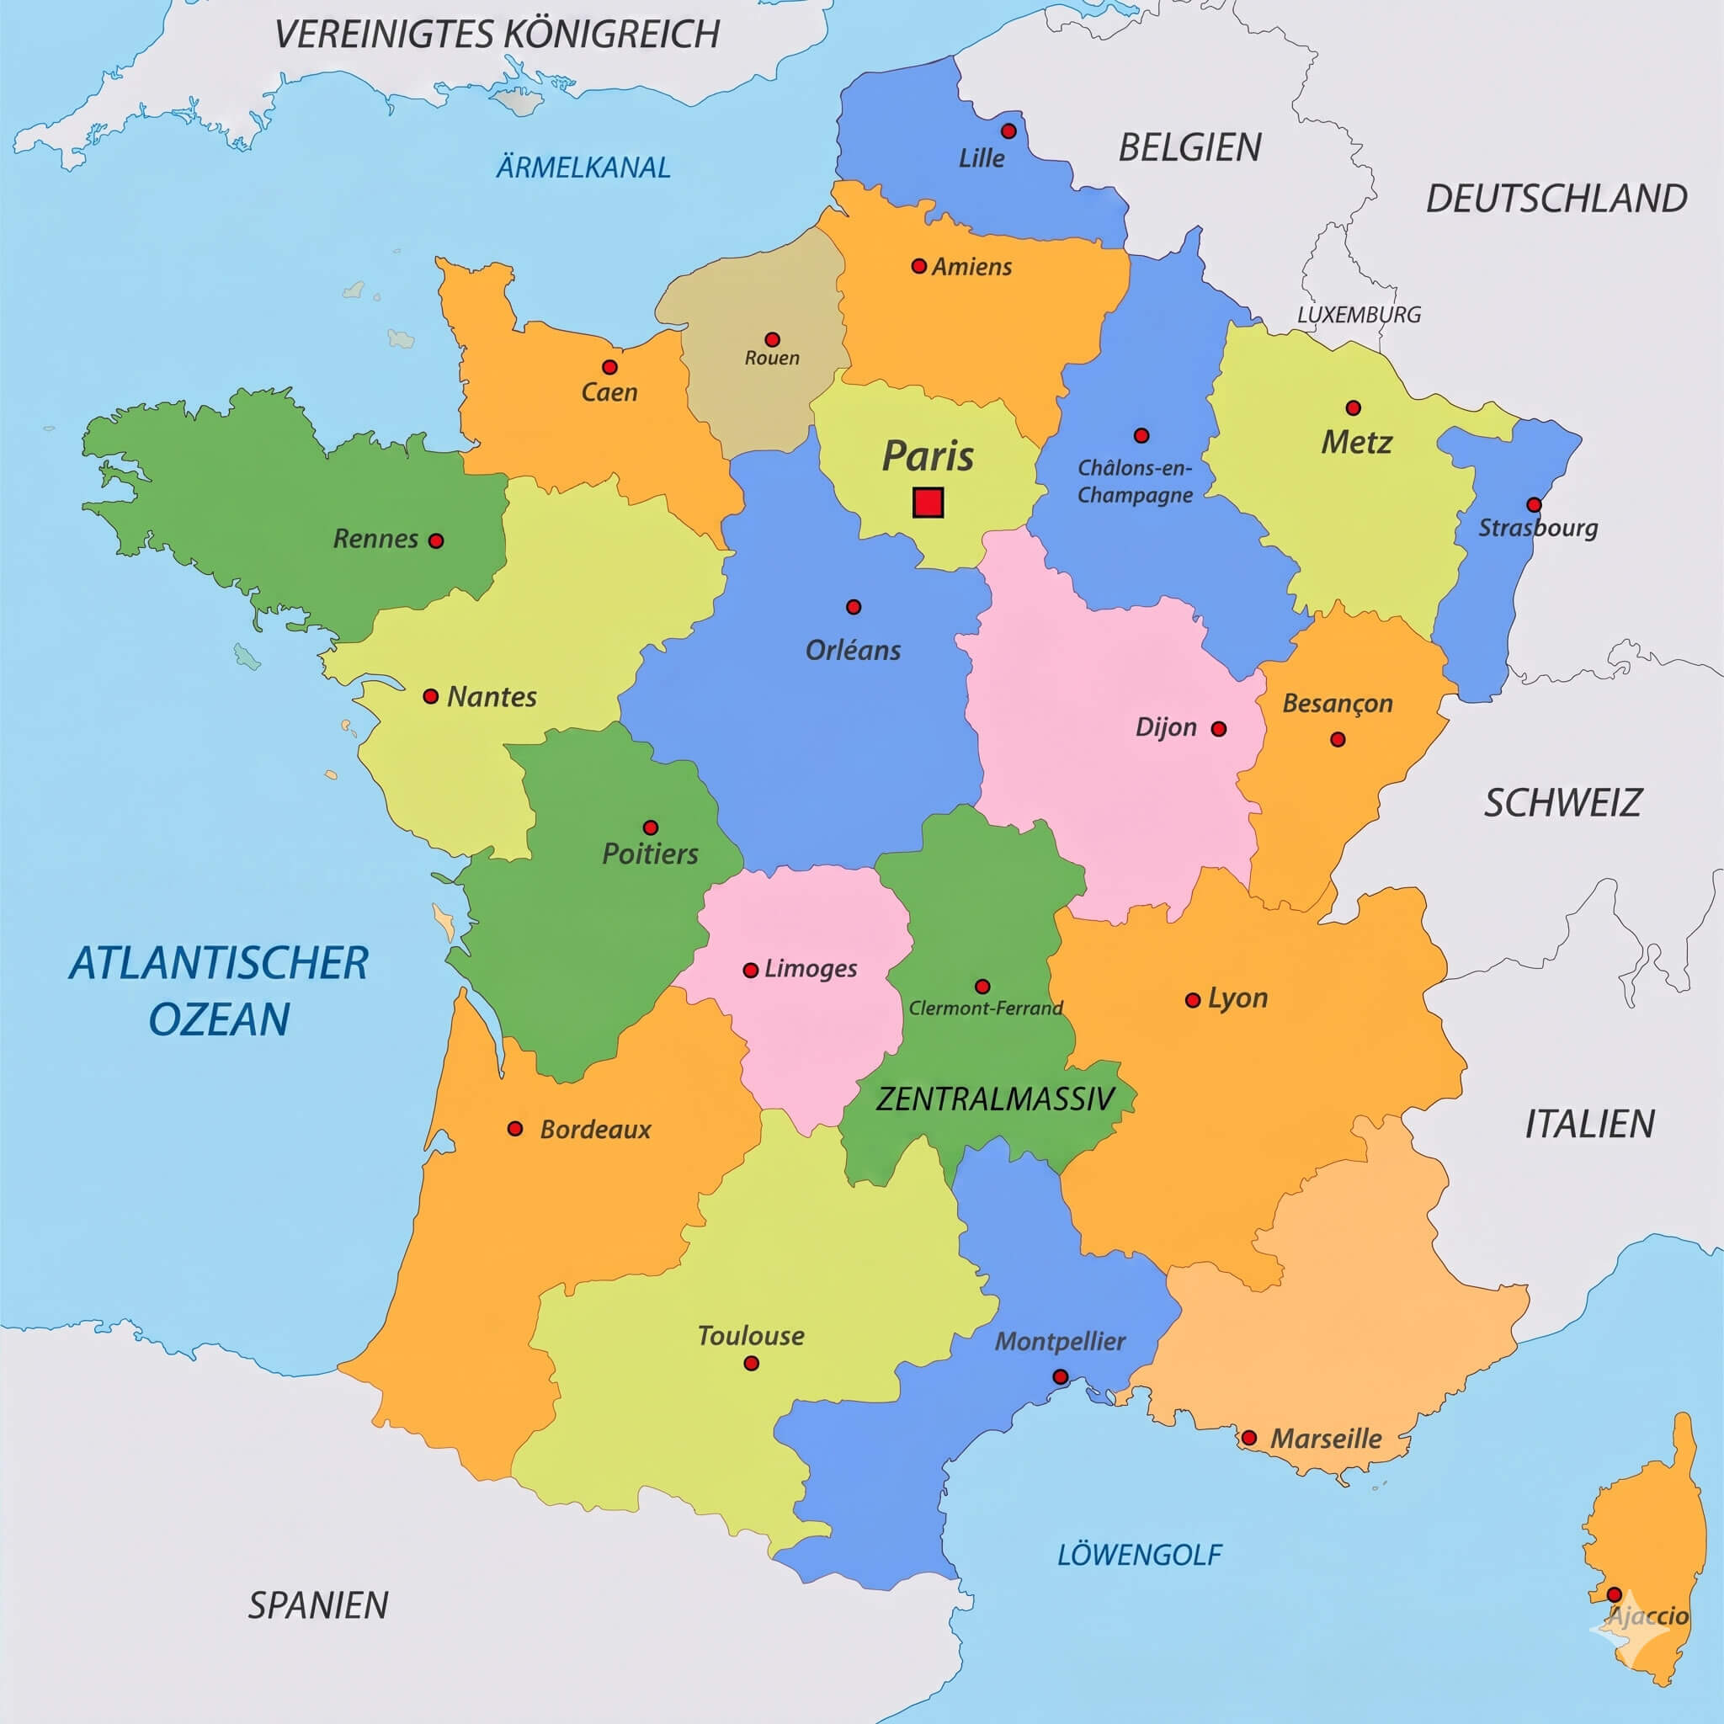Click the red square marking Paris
(928, 503)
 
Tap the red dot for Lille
(1008, 131)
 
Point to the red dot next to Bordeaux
(515, 1129)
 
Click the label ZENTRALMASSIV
(995, 1099)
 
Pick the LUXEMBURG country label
(1358, 314)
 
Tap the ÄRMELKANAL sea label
(583, 167)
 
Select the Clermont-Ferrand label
(985, 1008)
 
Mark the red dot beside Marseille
(1249, 1439)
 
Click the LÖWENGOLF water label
(1139, 1556)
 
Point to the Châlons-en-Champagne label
(1134, 481)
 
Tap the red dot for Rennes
(436, 540)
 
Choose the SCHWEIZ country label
(1562, 803)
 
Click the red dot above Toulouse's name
(752, 1364)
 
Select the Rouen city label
(772, 358)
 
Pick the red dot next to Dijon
(1219, 729)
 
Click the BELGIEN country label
(1189, 147)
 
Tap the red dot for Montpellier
(1060, 1377)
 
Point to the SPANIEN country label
(317, 1605)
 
